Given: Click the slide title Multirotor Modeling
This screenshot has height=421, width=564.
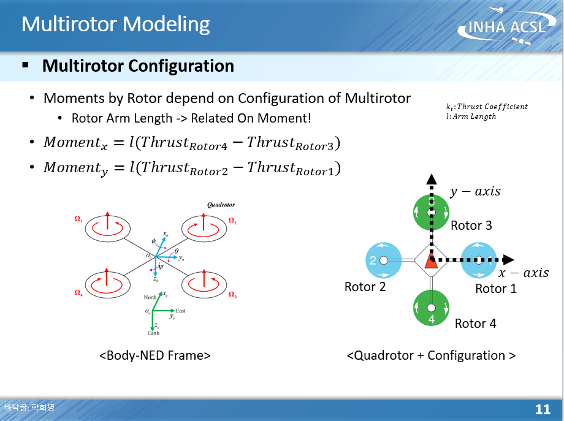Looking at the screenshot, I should point(115,25).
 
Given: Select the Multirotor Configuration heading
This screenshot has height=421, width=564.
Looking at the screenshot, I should point(138,66).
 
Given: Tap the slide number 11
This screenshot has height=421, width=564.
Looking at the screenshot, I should point(543,409).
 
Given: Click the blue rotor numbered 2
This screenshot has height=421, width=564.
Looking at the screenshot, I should point(383,260).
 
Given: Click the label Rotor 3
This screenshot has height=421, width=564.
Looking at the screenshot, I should point(471,226).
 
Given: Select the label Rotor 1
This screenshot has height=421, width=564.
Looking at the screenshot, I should point(496,288).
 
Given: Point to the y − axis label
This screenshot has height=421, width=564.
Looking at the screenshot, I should point(474,191).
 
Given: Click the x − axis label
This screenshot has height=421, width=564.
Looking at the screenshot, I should point(523,273).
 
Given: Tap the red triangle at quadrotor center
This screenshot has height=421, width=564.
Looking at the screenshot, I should point(431,262).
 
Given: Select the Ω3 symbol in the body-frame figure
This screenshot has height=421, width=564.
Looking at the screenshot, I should point(232,295).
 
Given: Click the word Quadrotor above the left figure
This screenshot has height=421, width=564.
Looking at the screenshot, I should point(221,205).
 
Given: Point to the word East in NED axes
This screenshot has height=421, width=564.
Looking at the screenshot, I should point(180,311).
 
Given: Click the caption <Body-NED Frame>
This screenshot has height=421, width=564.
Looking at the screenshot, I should point(154,355).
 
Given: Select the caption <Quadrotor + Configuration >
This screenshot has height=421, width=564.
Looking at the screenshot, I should point(431,355).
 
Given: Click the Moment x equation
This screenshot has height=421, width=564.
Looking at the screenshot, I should point(191,143).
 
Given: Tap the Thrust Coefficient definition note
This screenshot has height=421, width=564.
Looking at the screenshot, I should point(487,107).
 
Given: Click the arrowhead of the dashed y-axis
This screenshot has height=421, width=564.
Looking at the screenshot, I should point(431,179).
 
